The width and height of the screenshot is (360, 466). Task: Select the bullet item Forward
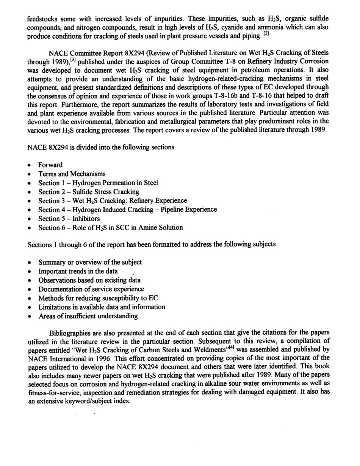point(50,165)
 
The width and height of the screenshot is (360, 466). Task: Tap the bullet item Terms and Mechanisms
point(72,174)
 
